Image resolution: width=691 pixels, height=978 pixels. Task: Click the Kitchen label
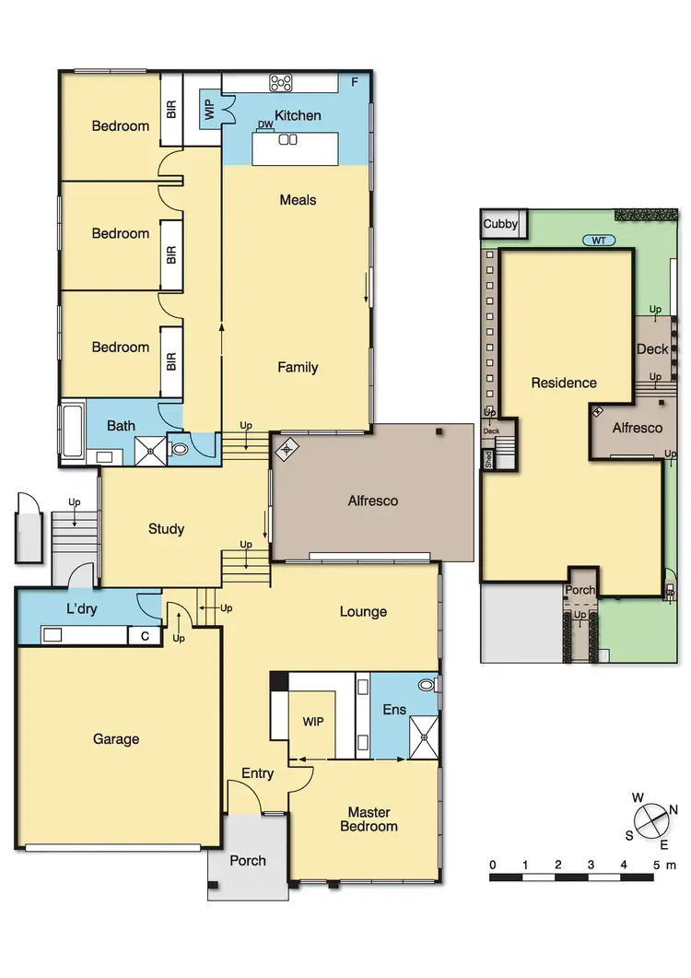coord(298,115)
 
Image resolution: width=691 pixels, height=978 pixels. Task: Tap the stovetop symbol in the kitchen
coord(280,83)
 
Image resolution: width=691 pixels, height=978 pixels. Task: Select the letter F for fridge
coord(355,82)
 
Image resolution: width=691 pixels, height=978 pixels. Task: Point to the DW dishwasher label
coord(265,125)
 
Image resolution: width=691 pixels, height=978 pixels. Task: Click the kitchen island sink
coord(288,140)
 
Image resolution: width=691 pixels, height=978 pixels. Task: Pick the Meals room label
coord(298,200)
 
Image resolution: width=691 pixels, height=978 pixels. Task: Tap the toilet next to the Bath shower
coord(181,449)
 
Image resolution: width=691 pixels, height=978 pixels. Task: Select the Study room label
coord(167,529)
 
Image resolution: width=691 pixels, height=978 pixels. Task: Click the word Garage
coord(116,738)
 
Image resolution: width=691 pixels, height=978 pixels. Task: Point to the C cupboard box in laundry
coord(145,635)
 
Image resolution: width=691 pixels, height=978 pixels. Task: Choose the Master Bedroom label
coord(369,819)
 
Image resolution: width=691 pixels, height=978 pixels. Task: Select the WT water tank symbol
coord(599,241)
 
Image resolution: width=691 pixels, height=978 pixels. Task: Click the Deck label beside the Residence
coord(652,349)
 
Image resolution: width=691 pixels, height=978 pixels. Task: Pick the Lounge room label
coord(363,612)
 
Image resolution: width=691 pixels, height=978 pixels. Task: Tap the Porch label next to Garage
coord(248,861)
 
